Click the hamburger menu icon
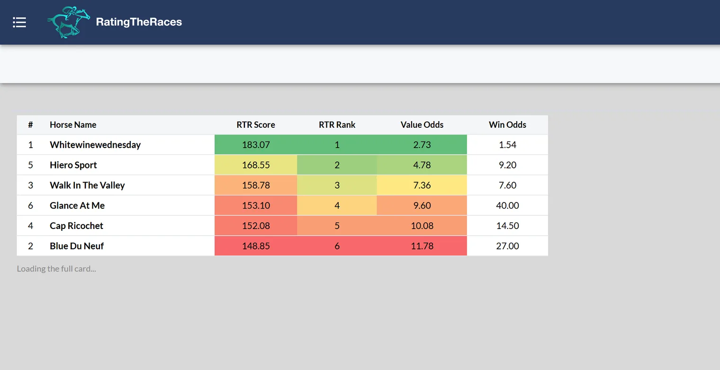19,22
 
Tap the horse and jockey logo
69,22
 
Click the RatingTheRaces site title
139,22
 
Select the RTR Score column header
256,124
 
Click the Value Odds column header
422,124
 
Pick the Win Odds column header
507,124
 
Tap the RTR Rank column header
337,124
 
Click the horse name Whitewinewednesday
95,145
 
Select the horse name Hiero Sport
73,165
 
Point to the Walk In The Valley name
87,185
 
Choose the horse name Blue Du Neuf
77,246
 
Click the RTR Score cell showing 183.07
256,144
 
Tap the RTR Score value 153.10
256,205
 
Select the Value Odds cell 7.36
422,185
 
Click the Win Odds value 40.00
507,205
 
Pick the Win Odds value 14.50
507,226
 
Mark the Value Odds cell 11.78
422,246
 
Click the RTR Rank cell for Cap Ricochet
337,226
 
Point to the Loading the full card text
56,269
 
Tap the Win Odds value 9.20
507,165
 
